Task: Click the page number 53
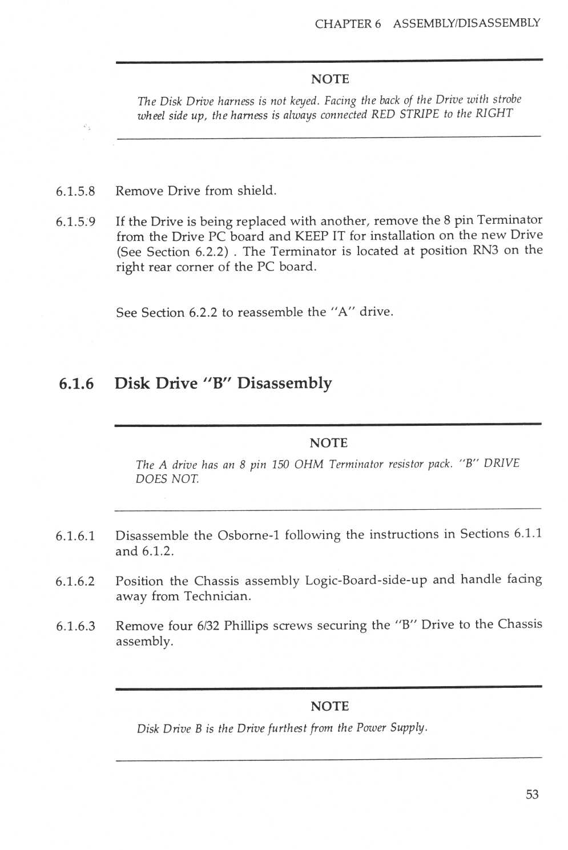click(531, 795)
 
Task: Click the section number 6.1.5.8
click(75, 192)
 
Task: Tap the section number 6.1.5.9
click(75, 222)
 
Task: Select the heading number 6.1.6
click(76, 384)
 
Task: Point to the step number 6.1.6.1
click(75, 537)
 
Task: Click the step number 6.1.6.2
click(75, 582)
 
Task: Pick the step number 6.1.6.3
click(75, 626)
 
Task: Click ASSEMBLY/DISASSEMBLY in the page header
click(466, 23)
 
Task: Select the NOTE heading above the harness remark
click(330, 79)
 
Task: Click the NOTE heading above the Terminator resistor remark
click(328, 443)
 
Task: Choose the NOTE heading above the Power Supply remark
click(329, 706)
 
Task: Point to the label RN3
click(486, 251)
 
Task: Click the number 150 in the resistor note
click(280, 465)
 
